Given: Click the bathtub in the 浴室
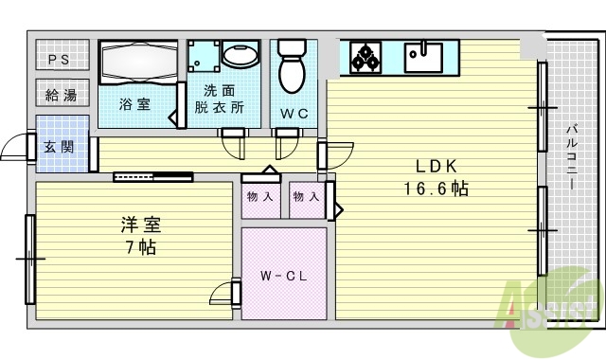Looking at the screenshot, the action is pos(138,60).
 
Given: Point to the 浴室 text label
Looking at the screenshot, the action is pos(134,104).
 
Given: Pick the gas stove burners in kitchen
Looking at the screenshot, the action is pos(365,57).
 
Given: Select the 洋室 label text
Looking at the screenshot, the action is pos(139,225).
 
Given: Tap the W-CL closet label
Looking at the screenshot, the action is pos(281,278).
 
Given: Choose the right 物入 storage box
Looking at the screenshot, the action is pos(306,198).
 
